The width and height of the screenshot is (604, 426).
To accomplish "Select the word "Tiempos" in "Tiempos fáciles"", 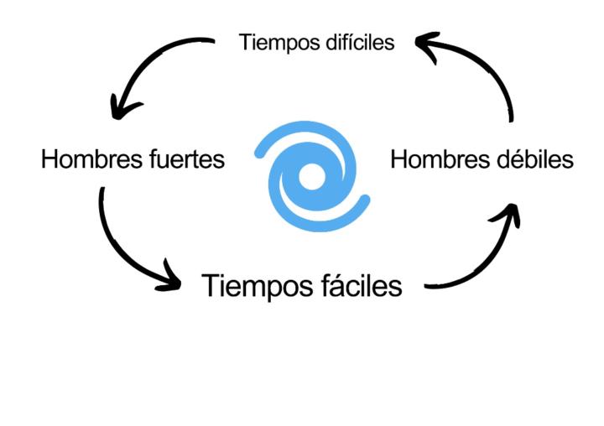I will (x=254, y=286).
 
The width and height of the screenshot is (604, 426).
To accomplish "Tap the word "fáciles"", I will (x=362, y=286).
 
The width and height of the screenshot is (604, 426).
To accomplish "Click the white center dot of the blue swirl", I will (x=311, y=175).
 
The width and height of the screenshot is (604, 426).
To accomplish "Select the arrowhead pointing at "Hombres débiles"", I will (x=506, y=216).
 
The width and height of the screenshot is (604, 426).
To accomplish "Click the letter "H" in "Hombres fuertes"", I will (x=49, y=159).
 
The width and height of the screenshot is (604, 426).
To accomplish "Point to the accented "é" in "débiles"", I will (x=506, y=159).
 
